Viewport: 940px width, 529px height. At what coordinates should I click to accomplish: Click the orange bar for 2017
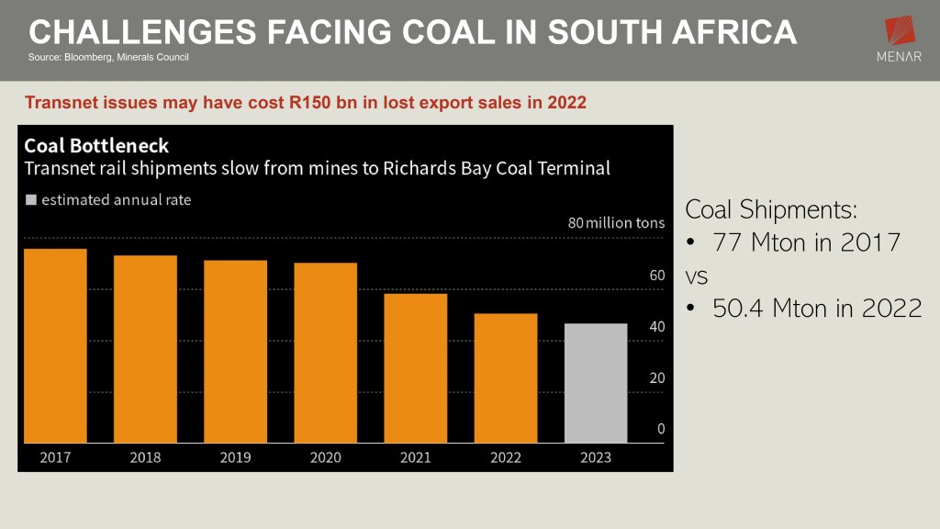click(55, 345)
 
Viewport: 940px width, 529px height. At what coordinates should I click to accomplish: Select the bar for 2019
click(235, 351)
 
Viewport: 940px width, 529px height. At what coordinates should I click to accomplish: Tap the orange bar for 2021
click(415, 367)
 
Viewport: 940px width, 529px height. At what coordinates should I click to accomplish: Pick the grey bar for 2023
click(596, 382)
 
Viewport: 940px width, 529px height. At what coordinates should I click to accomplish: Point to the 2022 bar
click(506, 377)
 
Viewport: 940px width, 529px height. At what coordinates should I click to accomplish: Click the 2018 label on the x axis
click(145, 456)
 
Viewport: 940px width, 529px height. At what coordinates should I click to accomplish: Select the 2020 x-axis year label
click(325, 456)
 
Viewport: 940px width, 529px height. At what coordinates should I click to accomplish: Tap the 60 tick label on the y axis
click(656, 276)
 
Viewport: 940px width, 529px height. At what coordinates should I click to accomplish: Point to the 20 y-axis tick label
click(656, 377)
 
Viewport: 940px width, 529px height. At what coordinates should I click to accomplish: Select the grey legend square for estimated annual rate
click(31, 199)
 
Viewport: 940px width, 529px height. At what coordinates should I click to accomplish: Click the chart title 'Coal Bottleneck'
click(96, 146)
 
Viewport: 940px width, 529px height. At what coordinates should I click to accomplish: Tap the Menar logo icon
click(900, 32)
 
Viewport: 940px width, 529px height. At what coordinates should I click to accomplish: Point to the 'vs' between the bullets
click(697, 276)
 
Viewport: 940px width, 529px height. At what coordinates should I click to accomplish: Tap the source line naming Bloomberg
click(115, 58)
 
